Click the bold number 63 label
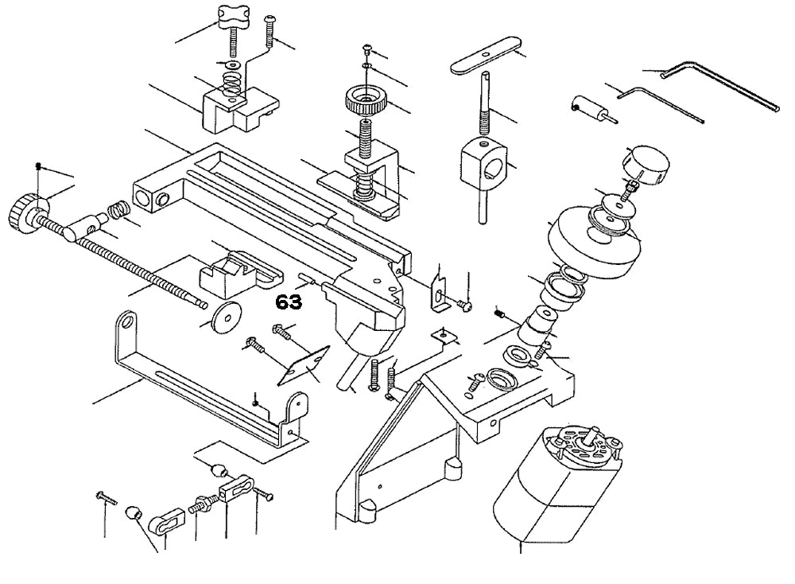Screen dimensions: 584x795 coord(289,302)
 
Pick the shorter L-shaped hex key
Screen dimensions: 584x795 coord(659,103)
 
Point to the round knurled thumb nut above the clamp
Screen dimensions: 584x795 coord(366,102)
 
